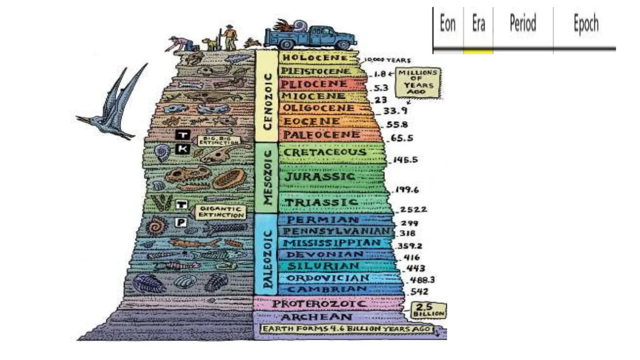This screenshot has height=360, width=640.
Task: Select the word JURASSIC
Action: pos(319,177)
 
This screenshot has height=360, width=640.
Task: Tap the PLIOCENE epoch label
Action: pos(314,84)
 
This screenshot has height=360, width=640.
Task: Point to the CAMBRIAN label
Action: pos(327,289)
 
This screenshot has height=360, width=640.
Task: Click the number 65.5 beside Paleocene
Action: pos(402,138)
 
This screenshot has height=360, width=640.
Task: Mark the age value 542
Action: pos(419,292)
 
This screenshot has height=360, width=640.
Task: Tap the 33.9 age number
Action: pos(395,111)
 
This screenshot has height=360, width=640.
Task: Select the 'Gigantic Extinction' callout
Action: pos(221,212)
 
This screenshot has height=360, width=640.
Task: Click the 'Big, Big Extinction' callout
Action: pos(219,140)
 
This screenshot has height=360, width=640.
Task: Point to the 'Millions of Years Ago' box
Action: pos(418,82)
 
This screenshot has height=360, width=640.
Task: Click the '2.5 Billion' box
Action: pos(428,310)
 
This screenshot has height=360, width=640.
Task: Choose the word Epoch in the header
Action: pos(586,24)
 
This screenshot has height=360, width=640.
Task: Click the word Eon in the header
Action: pos(447,24)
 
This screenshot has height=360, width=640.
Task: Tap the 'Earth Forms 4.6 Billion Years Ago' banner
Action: pos(346,329)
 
